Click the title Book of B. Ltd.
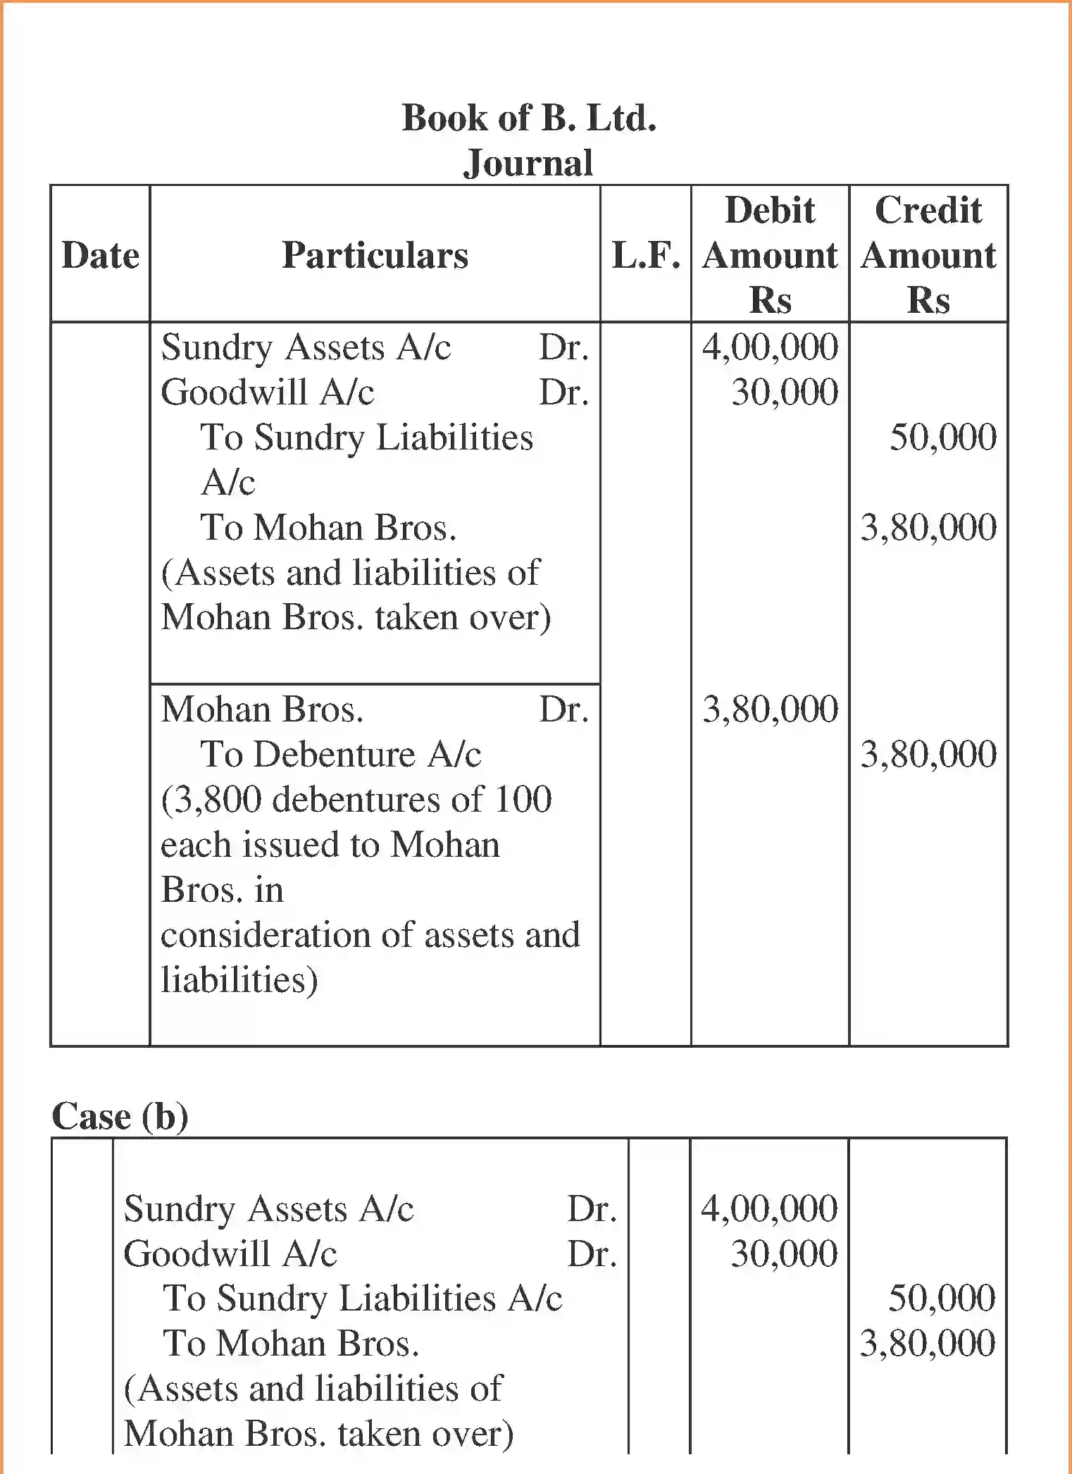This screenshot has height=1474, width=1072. click(x=529, y=118)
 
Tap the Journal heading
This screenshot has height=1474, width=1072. click(x=528, y=163)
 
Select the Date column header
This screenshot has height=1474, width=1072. click(x=100, y=255)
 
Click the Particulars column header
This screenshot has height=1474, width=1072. click(x=375, y=255)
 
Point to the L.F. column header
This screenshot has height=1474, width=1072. click(x=646, y=255)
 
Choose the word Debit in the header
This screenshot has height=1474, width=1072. click(x=770, y=210)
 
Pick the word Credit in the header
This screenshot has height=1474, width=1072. click(x=928, y=210)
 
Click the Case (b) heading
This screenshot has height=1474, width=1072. click(x=120, y=1116)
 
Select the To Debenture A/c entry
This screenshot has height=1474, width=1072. click(x=341, y=755)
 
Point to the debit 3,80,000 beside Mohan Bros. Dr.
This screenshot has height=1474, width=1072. click(x=771, y=710)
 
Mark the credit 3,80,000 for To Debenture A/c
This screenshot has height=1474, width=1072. click(x=928, y=755)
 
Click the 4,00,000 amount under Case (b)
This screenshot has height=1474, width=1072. click(x=769, y=1208)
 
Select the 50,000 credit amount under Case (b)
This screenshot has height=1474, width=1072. click(x=942, y=1298)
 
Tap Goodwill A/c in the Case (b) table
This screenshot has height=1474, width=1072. click(x=230, y=1254)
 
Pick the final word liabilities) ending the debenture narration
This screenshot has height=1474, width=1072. click(x=239, y=981)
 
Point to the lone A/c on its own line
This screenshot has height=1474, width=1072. click(x=228, y=483)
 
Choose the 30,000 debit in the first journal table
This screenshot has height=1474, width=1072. click(x=785, y=392)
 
